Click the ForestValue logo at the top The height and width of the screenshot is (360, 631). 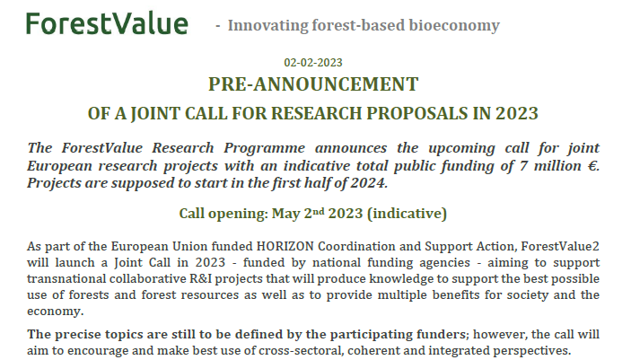[x=107, y=23]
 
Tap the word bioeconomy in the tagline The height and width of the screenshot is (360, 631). [x=453, y=25]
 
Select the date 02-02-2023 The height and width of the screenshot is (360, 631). [x=312, y=62]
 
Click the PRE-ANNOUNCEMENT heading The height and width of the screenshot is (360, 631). [x=313, y=84]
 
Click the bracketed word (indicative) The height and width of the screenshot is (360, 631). [x=408, y=214]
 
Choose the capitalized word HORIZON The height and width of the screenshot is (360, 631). [x=285, y=246]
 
